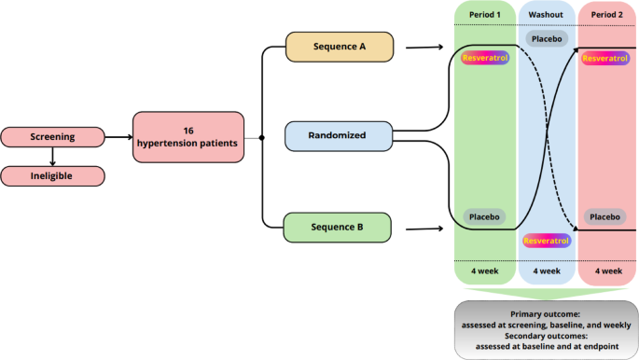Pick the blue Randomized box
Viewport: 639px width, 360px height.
click(x=340, y=136)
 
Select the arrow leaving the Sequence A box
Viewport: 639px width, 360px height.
click(x=424, y=46)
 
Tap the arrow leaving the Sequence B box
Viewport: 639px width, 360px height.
click(x=424, y=226)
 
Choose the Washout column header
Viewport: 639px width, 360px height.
click(x=546, y=16)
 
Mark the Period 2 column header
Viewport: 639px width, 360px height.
click(x=607, y=16)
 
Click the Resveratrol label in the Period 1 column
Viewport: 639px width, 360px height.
click(x=485, y=58)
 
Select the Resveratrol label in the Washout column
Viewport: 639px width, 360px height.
click(x=547, y=242)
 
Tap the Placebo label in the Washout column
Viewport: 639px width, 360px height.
click(x=547, y=38)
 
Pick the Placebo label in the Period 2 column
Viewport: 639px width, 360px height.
click(x=604, y=216)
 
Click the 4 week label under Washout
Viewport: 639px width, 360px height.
click(x=546, y=271)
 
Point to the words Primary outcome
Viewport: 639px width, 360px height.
click(x=547, y=314)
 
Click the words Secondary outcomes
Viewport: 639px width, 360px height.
click(x=547, y=335)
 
